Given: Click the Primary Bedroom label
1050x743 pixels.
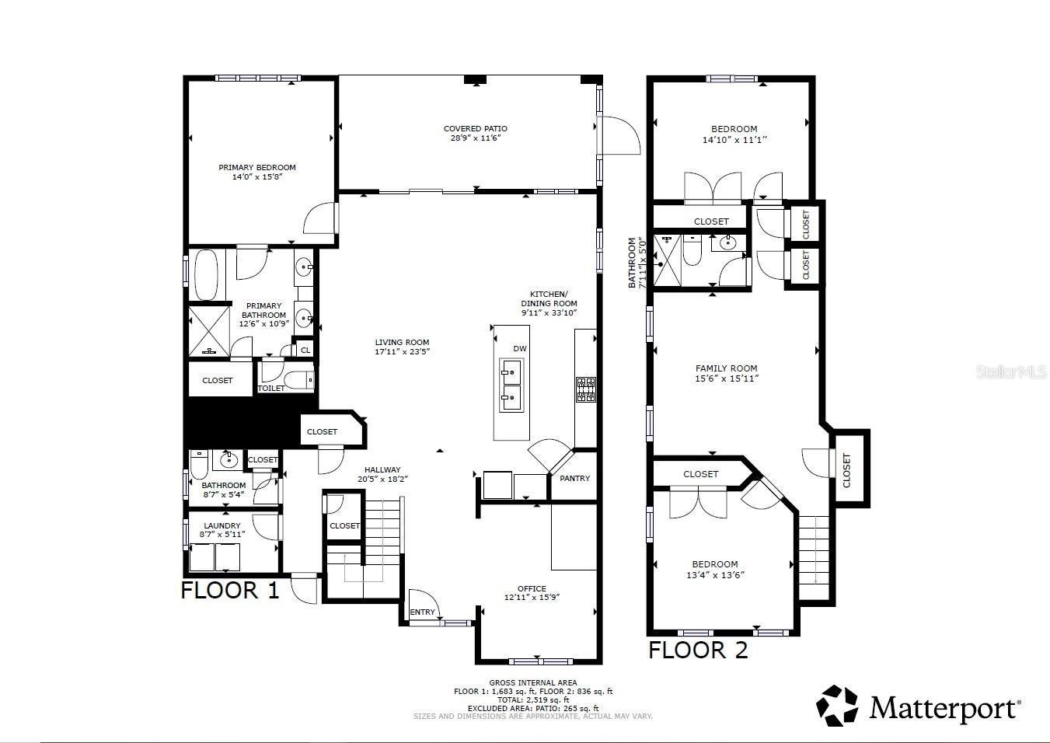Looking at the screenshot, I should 256,167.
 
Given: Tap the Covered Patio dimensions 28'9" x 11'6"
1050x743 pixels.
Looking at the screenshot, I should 475,138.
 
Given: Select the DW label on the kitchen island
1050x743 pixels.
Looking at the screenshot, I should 519,349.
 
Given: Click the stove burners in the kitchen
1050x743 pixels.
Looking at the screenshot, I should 584,389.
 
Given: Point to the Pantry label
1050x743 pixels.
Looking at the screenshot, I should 574,479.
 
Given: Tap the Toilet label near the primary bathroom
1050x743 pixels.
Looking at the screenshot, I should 270,389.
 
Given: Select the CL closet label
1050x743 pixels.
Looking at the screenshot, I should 305,351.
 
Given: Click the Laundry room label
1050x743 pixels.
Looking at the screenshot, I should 223,526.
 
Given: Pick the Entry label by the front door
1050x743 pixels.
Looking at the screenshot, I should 422,612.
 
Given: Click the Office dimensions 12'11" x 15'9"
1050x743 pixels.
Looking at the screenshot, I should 532,598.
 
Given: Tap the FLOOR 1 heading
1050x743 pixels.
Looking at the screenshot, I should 229,591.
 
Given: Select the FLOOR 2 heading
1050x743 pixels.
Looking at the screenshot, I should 698,651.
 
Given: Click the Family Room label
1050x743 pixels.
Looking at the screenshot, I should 726,368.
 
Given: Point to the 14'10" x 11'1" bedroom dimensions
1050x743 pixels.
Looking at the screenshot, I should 734,140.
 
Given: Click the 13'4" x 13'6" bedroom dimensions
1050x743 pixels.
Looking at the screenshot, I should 715,575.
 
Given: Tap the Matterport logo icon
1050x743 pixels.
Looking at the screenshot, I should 836,706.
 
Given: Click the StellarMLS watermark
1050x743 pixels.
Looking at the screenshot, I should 1011,373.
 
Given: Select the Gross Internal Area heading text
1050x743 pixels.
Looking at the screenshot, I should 532,683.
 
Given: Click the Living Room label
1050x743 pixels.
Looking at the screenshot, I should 402,342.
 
